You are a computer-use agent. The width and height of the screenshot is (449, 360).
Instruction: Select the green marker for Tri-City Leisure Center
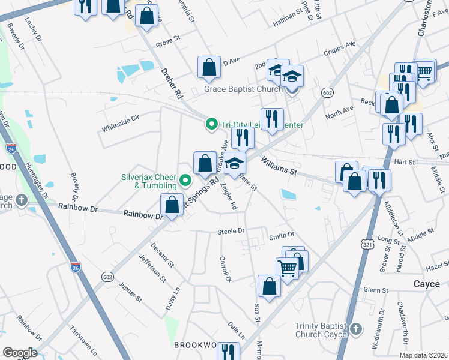click(211, 125)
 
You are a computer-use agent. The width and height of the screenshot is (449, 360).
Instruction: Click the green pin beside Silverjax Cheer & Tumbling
click(186, 179)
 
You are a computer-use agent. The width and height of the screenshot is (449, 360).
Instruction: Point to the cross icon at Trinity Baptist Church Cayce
click(356, 329)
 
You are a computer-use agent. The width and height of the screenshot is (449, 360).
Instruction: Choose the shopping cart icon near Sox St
click(287, 267)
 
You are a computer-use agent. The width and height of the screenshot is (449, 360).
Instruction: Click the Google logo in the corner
click(20, 353)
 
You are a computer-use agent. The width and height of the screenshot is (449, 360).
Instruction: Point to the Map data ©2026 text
click(423, 355)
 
